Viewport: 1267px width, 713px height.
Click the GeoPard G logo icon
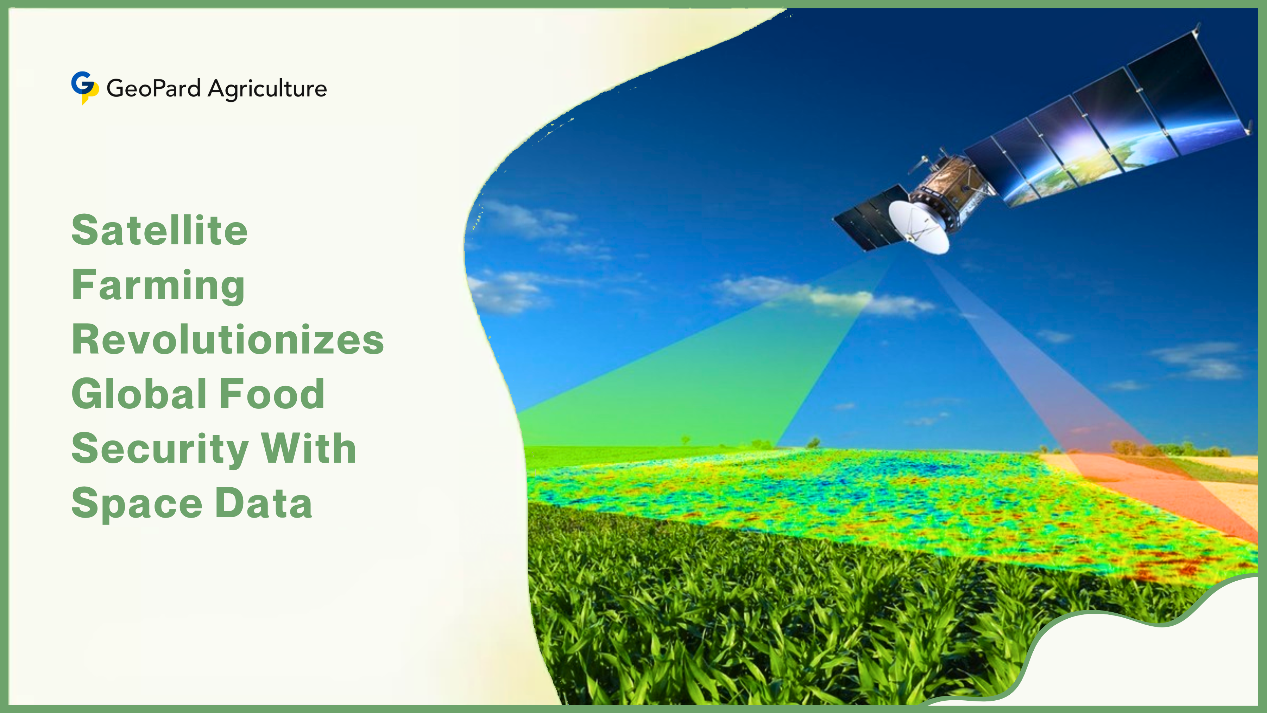84,87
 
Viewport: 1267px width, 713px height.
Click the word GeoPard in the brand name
153,89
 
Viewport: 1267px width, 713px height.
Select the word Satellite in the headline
159,230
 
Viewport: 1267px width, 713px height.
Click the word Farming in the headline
158,286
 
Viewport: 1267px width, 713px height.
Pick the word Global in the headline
139,394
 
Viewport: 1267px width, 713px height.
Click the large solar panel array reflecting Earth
1107,123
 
